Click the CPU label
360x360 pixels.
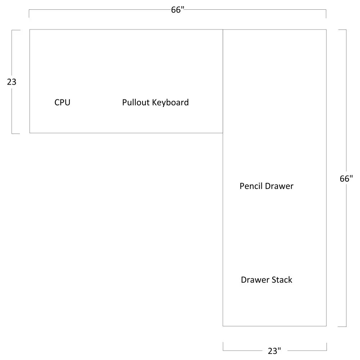62,102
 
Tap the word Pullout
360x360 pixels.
136,102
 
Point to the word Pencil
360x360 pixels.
251,186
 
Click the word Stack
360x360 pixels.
282,280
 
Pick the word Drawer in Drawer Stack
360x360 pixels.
255,280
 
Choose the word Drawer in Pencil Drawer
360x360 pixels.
279,186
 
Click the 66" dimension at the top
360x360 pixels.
178,10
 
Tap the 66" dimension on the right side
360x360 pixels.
346,179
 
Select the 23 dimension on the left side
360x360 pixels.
12,82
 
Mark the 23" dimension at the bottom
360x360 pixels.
274,351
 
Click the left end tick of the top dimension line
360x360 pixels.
29,14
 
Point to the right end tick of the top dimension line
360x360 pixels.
326,14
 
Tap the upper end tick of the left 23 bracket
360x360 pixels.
16,30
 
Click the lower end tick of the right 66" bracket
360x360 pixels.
342,327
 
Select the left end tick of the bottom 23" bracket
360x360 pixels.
223,346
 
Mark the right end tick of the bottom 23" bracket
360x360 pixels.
327,347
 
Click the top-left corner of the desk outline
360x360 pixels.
30,30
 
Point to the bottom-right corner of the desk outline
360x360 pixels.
326,326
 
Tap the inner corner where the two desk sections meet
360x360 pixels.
223,133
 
